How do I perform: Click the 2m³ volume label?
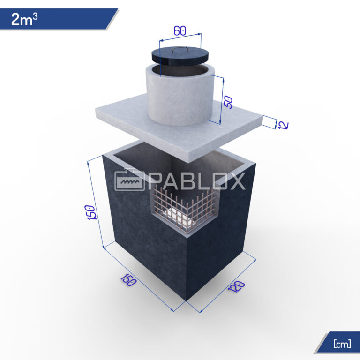tap(24, 19)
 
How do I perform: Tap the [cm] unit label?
tap(342, 344)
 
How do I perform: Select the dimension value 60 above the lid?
tap(180, 30)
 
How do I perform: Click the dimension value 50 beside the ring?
tap(229, 102)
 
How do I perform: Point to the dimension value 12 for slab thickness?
tap(283, 125)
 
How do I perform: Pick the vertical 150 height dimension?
tap(91, 212)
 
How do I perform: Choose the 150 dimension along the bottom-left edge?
tap(128, 280)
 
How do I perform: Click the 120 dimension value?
tap(236, 286)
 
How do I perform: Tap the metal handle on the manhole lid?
tap(180, 49)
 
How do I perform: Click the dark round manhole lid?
tap(180, 56)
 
